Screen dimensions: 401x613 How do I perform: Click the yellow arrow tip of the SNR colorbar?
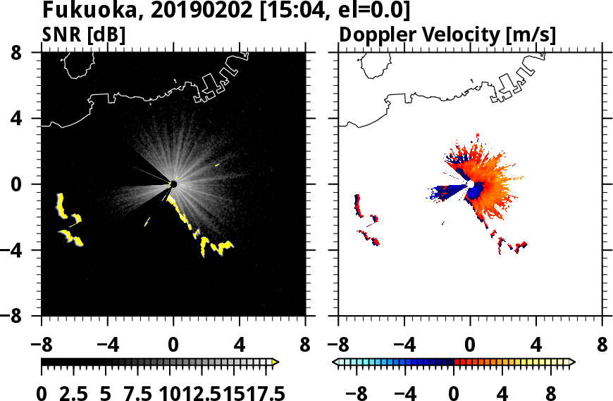coord(275,362)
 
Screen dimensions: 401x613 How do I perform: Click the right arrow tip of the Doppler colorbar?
coord(571,362)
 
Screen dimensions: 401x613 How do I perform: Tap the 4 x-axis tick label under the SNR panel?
coord(240,346)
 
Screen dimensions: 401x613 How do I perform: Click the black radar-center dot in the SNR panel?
coord(173,184)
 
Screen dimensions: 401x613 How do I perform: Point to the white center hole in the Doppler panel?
coord(470,184)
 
